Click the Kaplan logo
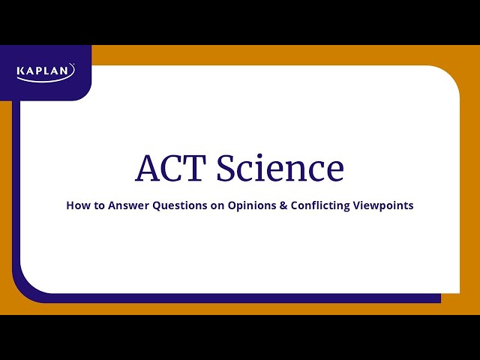[x=46, y=71]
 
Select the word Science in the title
[x=280, y=168]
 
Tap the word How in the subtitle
[x=78, y=205]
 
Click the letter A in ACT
[x=148, y=168]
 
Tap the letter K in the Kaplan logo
[x=21, y=72]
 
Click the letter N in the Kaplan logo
[x=70, y=72]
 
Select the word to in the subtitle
[x=99, y=205]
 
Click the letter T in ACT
[x=196, y=168]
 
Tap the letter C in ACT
[x=172, y=168]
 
